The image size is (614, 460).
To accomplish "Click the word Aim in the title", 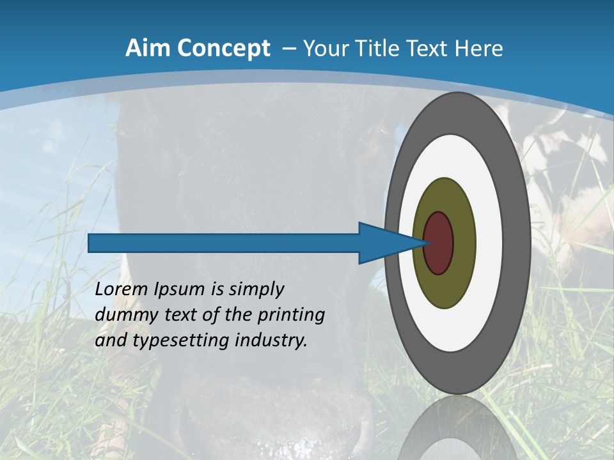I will click(x=146, y=48).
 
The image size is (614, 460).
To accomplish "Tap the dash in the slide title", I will click(x=288, y=49).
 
